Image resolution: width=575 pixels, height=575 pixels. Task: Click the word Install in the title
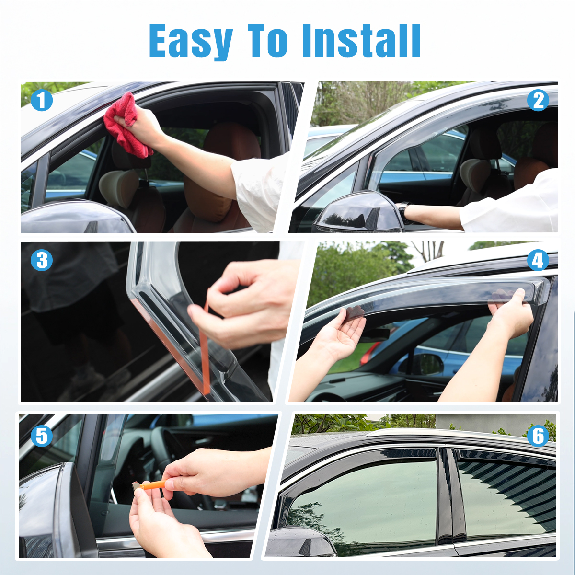click(x=361, y=41)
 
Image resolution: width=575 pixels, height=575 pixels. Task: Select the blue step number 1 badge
click(x=42, y=100)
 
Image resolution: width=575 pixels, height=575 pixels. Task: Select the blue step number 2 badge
click(x=538, y=100)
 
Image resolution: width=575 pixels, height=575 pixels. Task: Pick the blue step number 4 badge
click(x=538, y=260)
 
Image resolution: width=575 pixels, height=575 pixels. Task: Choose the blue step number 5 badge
click(x=42, y=436)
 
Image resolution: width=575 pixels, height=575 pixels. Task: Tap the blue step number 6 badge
click(x=538, y=436)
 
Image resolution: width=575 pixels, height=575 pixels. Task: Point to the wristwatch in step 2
click(x=403, y=212)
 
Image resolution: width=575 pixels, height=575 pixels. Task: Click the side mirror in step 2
click(x=356, y=212)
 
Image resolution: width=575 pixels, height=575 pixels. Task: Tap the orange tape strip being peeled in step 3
click(x=205, y=349)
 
